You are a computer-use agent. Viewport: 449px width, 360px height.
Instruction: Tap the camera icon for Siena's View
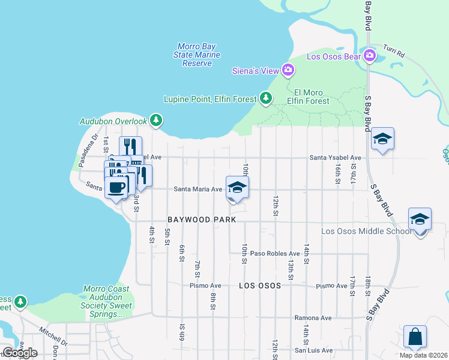(288, 71)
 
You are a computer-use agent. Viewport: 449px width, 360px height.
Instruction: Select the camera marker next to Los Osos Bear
(369, 56)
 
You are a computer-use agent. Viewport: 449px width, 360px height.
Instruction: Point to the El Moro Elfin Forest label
(312, 97)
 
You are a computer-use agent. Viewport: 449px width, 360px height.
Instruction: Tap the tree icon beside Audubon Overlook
(156, 121)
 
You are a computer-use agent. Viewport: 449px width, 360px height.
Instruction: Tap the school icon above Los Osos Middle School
(420, 219)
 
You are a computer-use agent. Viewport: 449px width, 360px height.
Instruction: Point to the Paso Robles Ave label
(275, 254)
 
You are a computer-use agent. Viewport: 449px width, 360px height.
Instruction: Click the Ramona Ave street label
(312, 318)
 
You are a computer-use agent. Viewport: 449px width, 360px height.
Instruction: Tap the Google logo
(20, 352)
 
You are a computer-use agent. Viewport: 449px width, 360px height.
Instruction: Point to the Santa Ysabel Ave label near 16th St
(335, 158)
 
